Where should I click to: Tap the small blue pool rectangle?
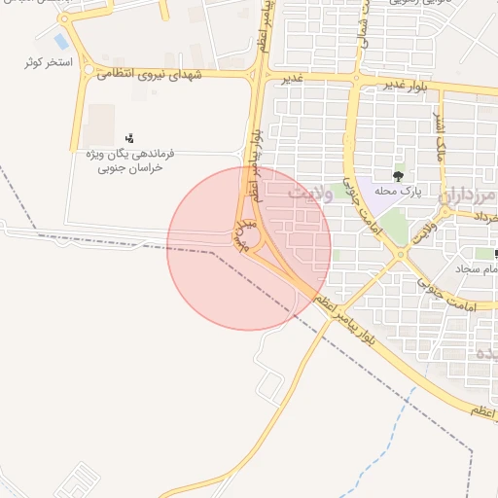(x=61, y=42)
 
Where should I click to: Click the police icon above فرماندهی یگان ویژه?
(x=130, y=137)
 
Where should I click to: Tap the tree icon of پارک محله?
(x=398, y=176)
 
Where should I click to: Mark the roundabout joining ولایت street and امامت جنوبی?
(x=400, y=256)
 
